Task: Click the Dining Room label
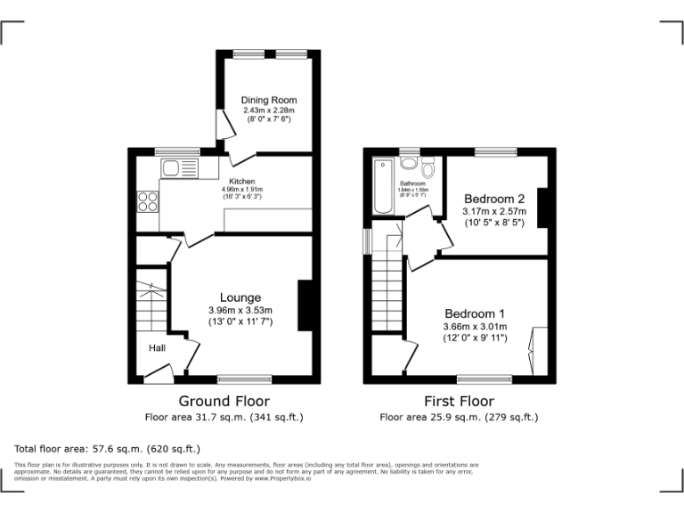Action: click(269, 100)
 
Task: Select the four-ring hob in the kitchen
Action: click(147, 202)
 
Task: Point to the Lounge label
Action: click(240, 297)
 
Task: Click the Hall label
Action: click(157, 347)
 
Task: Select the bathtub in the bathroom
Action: click(384, 186)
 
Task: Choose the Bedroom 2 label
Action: click(493, 198)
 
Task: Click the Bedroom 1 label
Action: click(475, 313)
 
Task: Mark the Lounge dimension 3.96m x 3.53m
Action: click(240, 310)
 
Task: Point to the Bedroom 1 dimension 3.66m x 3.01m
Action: click(475, 327)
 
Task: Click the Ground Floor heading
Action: click(224, 401)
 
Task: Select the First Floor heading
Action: click(459, 401)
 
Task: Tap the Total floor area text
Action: click(108, 449)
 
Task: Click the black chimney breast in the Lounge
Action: click(304, 305)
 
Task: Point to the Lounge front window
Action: click(245, 379)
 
